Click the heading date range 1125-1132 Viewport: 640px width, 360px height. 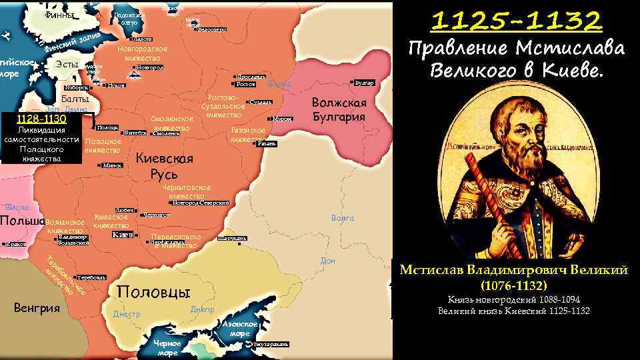(x=517, y=22)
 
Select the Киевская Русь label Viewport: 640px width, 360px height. (x=164, y=166)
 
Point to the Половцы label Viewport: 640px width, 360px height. (x=153, y=292)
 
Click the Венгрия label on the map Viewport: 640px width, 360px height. (x=37, y=308)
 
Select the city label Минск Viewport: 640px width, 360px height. (x=113, y=165)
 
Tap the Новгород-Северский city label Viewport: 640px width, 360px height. (x=200, y=203)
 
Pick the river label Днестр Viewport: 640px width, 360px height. (x=127, y=313)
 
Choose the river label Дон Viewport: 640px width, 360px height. (x=327, y=261)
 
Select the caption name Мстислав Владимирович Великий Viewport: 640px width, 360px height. (x=513, y=269)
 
